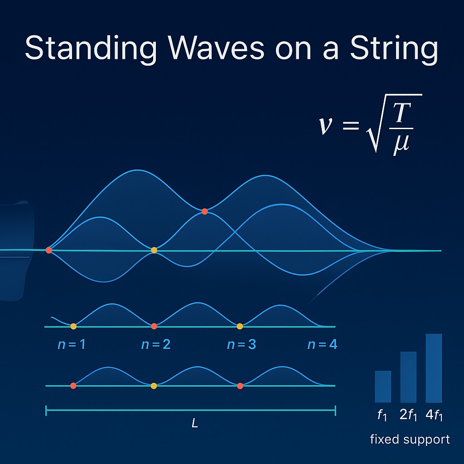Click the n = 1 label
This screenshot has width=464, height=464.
tap(72, 344)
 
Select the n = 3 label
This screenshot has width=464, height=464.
tap(241, 344)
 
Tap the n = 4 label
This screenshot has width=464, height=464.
tap(322, 344)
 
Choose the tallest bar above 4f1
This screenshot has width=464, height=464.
tap(434, 368)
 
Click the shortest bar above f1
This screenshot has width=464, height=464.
tap(383, 387)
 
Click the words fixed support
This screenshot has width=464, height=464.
tap(410, 439)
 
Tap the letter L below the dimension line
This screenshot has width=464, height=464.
tap(195, 424)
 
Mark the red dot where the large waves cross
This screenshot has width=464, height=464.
tap(205, 211)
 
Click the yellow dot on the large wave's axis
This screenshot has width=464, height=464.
tap(154, 250)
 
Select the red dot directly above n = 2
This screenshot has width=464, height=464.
tap(154, 326)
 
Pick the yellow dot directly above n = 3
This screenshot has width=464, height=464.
tap(240, 326)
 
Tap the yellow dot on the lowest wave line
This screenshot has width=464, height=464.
tap(154, 386)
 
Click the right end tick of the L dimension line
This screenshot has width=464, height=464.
tap(335, 411)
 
